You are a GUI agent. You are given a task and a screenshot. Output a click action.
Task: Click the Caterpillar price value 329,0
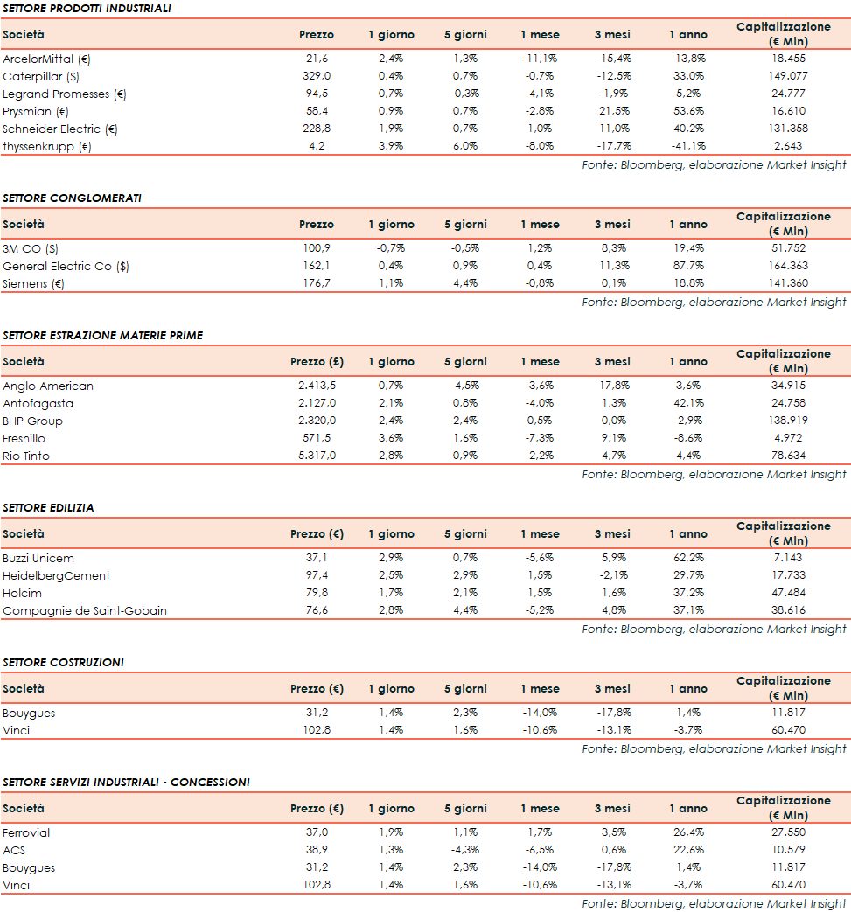(316, 76)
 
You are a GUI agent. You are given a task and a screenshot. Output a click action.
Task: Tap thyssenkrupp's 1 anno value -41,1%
(687, 146)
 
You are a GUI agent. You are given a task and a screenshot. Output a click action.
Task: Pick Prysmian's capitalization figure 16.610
(789, 111)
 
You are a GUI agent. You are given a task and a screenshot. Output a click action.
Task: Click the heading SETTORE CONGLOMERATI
(72, 198)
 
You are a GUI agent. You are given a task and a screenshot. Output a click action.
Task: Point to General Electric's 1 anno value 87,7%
(688, 266)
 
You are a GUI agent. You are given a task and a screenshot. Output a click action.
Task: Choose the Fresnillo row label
(24, 438)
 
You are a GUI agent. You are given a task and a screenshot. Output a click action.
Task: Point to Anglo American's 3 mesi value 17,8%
(612, 386)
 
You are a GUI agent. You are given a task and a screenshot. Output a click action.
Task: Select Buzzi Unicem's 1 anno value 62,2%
(688, 558)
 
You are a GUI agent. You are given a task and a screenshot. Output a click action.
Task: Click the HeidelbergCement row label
(56, 575)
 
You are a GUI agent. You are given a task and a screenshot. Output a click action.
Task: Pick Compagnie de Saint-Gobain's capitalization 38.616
(789, 610)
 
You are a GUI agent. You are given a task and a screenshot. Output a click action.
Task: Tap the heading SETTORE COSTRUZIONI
(63, 662)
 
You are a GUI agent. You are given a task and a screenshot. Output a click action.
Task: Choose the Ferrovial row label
(26, 832)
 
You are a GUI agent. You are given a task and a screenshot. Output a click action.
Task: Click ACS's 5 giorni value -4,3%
(464, 850)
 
